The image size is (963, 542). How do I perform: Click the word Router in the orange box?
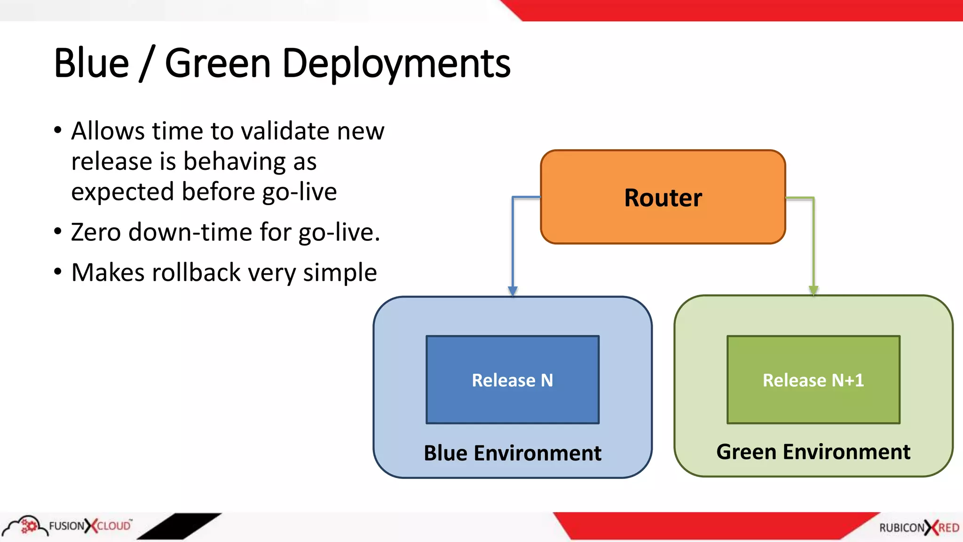(x=663, y=198)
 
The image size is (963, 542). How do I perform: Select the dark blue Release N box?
(x=512, y=380)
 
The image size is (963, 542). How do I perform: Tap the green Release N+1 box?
(x=813, y=380)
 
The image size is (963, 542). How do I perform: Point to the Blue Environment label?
(x=512, y=453)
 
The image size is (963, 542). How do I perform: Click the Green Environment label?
(x=813, y=452)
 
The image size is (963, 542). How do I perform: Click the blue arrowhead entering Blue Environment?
(x=513, y=291)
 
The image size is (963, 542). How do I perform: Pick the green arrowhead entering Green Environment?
(x=813, y=290)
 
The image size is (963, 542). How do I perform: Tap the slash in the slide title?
(x=147, y=65)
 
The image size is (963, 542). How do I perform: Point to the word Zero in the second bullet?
(x=96, y=232)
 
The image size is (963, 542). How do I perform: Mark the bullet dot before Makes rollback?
(x=58, y=271)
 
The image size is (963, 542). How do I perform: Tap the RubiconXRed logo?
(x=919, y=527)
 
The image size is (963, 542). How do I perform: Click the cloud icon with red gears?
(x=26, y=525)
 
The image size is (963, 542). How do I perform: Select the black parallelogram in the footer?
(x=179, y=526)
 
